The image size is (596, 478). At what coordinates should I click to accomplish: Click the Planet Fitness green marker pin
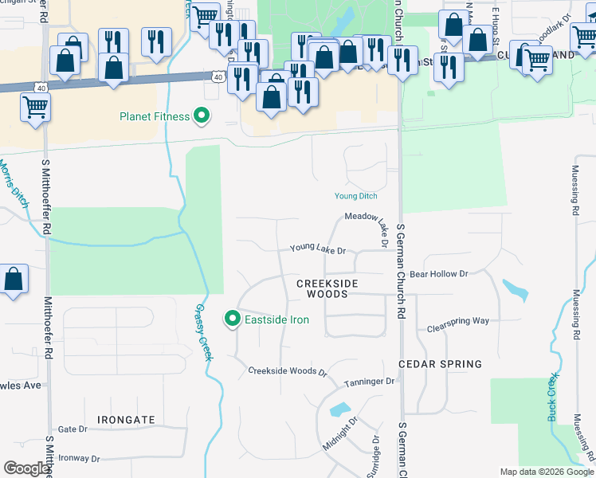point(202,116)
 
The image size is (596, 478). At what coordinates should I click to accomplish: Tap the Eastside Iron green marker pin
point(233,320)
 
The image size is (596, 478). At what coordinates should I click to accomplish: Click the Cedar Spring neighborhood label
point(440,364)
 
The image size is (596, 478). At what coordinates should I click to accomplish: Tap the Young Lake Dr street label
point(317,249)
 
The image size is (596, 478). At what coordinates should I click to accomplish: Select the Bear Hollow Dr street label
point(438,274)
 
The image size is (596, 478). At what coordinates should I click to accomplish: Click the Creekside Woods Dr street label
point(287,371)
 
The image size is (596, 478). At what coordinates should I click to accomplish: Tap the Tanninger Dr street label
point(369,382)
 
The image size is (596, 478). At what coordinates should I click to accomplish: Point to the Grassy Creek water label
point(203,332)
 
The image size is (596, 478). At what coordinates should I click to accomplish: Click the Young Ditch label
point(355,196)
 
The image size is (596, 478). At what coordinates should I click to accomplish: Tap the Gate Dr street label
point(72,429)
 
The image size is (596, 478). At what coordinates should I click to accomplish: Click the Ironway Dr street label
point(79,459)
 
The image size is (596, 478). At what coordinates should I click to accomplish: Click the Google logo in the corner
point(26,468)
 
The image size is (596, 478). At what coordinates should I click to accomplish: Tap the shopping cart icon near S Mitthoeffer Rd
point(35,106)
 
